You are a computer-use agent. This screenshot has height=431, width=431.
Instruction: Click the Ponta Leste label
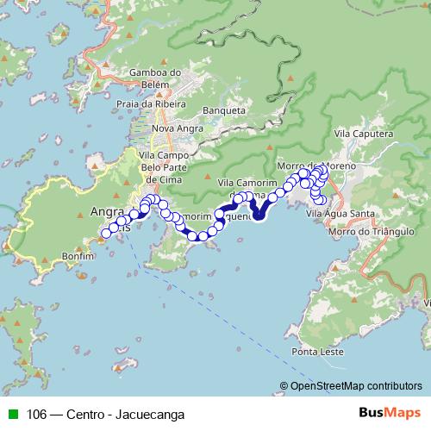(x=317, y=352)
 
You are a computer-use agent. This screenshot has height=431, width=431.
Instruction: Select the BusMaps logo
(x=392, y=414)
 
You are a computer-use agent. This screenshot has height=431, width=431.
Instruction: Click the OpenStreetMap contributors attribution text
(x=356, y=386)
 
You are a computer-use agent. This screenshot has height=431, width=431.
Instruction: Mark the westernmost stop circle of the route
(x=107, y=233)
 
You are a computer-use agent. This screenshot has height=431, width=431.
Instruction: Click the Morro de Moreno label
(x=311, y=165)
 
